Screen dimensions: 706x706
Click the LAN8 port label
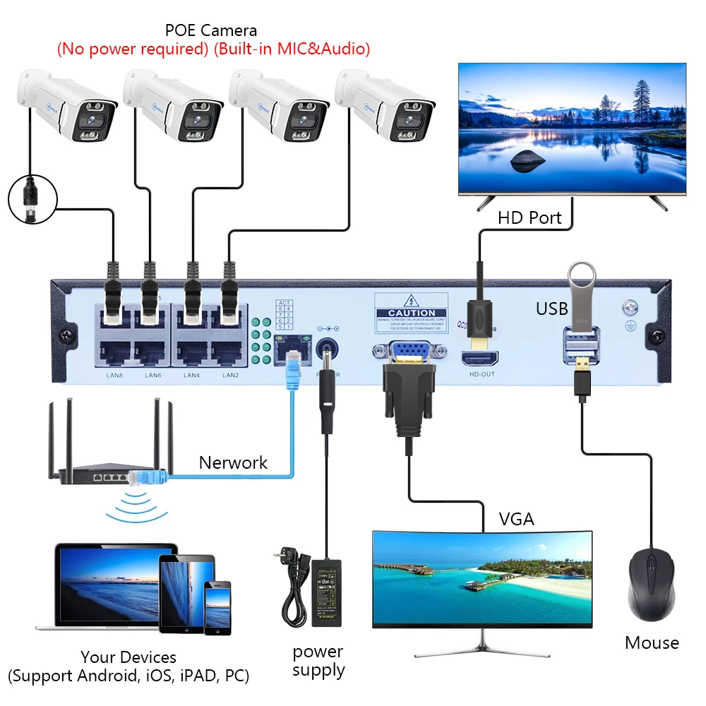pyautogui.click(x=114, y=375)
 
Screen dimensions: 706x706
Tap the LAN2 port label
pyautogui.click(x=231, y=375)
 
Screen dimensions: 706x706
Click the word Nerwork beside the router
pyautogui.click(x=233, y=462)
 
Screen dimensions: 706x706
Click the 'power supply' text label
pyautogui.click(x=318, y=661)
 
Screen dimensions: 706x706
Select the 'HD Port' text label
pyautogui.click(x=529, y=217)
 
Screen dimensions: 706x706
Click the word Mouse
pyautogui.click(x=652, y=642)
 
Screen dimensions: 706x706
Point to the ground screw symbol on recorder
pyautogui.click(x=628, y=309)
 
